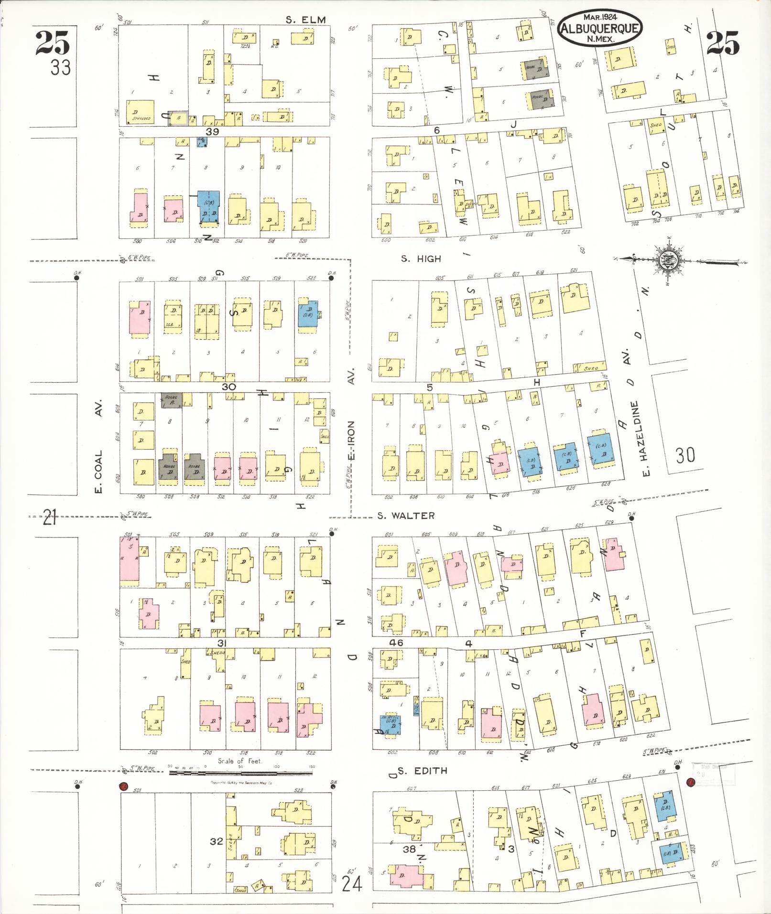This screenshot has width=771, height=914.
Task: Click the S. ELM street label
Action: (305, 20)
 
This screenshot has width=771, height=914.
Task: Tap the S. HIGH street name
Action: (421, 259)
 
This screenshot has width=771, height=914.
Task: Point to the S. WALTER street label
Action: (406, 516)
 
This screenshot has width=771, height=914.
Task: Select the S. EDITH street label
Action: (423, 771)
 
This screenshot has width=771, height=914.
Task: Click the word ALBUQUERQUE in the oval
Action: (599, 29)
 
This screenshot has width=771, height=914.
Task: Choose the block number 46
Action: (396, 643)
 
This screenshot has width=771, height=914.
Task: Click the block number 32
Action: (217, 841)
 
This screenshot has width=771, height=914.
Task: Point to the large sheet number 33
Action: (61, 68)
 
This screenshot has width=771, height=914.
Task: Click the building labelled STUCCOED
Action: (140, 111)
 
